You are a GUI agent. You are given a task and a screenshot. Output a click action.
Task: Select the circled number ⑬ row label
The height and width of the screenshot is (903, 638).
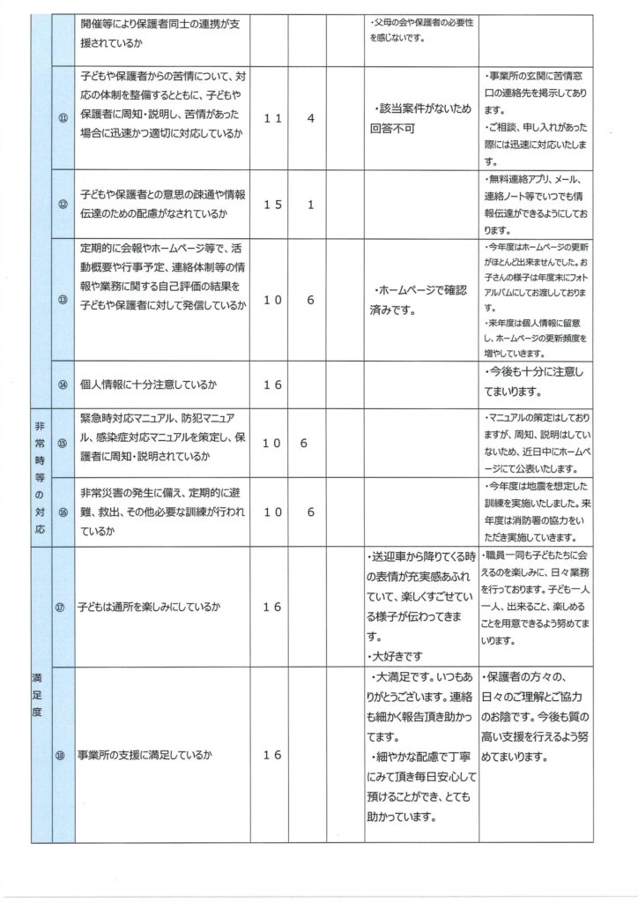[x=63, y=299]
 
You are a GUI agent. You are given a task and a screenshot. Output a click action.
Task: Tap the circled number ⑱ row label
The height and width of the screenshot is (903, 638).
[x=63, y=756]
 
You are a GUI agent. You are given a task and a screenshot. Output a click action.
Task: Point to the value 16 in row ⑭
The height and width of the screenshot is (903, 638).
[x=272, y=385]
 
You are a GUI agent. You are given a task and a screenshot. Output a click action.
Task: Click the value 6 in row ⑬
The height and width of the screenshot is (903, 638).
[x=311, y=300]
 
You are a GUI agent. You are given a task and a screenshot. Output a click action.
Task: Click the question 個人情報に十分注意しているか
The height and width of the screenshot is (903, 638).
[x=149, y=385]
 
